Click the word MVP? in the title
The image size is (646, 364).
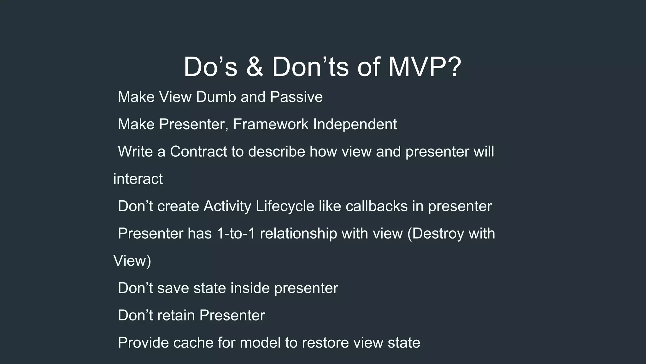pyautogui.click(x=425, y=67)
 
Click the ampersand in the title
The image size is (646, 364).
pyautogui.click(x=255, y=67)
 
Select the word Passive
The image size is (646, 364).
pyautogui.click(x=296, y=97)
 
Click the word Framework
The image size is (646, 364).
pyautogui.click(x=271, y=124)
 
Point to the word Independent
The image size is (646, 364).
pyautogui.click(x=355, y=124)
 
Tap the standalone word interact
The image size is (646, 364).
pyautogui.click(x=138, y=179)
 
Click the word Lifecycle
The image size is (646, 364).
pyautogui.click(x=285, y=206)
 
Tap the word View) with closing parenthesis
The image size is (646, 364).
pyautogui.click(x=132, y=261)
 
